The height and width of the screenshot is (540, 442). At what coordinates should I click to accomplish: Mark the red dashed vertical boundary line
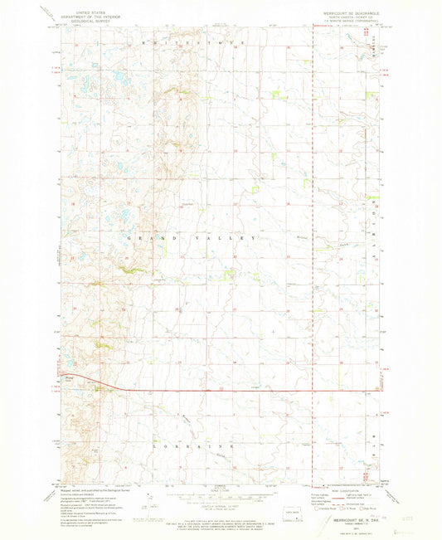click(313, 249)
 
